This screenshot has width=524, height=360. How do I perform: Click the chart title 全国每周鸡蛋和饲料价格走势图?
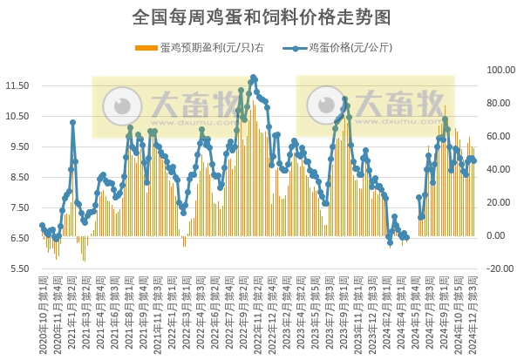262,17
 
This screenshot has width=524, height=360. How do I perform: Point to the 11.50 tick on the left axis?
17,85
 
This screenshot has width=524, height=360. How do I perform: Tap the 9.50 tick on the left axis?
17,146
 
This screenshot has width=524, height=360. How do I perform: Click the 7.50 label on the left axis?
17,207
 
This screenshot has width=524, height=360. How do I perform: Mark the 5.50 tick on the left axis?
17,268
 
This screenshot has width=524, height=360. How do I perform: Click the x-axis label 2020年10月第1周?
42,314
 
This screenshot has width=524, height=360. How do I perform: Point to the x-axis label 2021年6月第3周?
115,314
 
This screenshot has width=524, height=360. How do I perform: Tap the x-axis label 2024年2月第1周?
386,314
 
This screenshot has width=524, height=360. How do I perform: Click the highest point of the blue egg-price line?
254,78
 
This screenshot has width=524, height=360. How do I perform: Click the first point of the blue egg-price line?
42,226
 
